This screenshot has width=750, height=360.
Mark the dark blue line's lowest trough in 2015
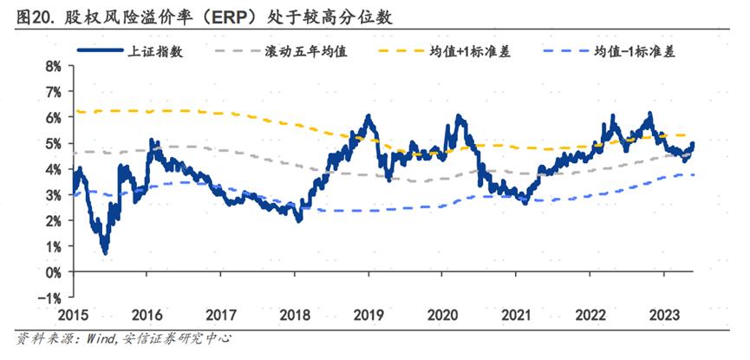coord(105,252)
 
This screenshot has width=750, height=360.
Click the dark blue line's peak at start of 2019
coord(368,116)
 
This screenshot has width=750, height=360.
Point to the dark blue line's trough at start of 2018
coord(299,219)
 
